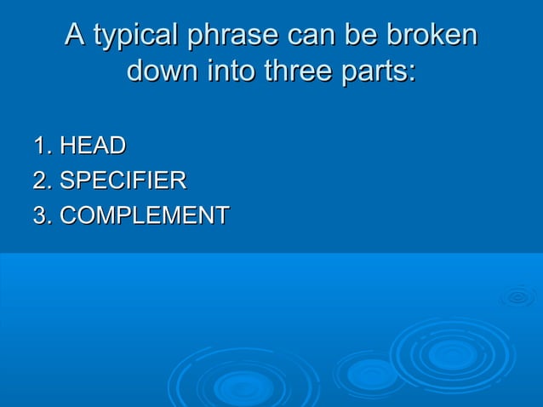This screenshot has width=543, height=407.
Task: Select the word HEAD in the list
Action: (93, 146)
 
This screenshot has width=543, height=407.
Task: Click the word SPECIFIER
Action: (123, 181)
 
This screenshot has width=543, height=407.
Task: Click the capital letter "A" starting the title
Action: (76, 37)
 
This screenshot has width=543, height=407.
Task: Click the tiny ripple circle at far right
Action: (517, 296)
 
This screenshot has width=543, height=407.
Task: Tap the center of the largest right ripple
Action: (452, 353)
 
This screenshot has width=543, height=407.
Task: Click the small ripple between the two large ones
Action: (370, 372)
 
